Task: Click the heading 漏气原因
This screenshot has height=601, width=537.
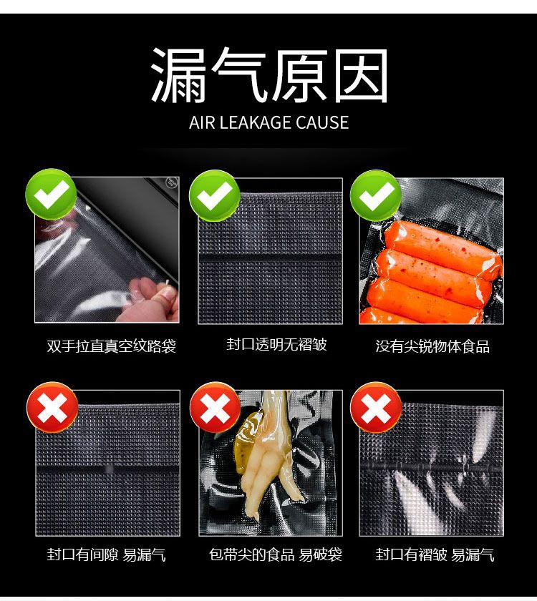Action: point(269,75)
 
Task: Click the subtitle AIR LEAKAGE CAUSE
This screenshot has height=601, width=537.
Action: point(269,122)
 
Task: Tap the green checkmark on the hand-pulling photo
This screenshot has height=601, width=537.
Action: point(51,195)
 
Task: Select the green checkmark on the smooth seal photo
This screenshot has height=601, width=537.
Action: point(214,195)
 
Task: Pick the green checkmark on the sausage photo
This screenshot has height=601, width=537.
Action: point(375,195)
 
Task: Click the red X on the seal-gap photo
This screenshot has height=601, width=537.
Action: point(52,407)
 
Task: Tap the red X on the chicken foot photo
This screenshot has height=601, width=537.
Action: point(216,407)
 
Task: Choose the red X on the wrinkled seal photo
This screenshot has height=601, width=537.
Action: point(376,407)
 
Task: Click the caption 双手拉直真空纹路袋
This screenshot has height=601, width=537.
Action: point(111,346)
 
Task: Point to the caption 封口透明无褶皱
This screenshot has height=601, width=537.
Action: point(276,344)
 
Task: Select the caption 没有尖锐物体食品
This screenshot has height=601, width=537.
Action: point(432,346)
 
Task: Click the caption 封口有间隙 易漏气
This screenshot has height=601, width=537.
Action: point(106,554)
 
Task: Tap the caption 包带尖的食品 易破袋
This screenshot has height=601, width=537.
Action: point(276,554)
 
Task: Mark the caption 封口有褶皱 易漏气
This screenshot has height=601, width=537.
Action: point(435,554)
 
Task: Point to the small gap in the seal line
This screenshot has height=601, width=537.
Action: point(109,469)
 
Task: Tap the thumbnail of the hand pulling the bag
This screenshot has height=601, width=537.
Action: point(107,250)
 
